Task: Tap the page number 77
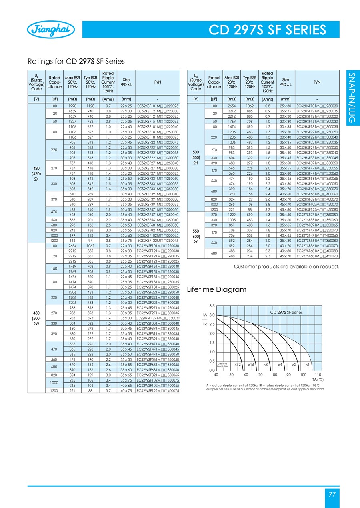pos(332,494)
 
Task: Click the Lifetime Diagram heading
pos(216,289)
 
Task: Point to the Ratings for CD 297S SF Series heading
pos(76,61)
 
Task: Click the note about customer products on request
pos(286,266)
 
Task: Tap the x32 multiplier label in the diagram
pos(237,365)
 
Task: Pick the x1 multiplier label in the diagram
pos(307,365)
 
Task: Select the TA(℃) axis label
pos(317,379)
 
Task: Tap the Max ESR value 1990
pos(73,105)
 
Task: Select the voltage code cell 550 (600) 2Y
pos(196,236)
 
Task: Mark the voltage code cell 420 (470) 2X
pos(36,173)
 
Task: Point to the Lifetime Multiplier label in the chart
pos(222,365)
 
